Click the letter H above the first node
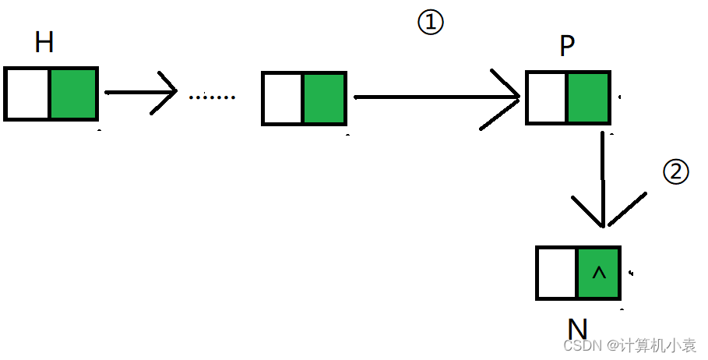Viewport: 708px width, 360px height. (x=44, y=42)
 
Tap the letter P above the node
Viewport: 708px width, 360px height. (x=567, y=47)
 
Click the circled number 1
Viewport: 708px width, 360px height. (x=431, y=23)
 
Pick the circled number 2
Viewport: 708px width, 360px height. (x=675, y=172)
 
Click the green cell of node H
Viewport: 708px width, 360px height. (x=73, y=94)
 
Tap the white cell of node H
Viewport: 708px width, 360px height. (x=27, y=94)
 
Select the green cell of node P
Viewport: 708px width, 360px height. (x=588, y=98)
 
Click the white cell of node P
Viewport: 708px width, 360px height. (x=547, y=98)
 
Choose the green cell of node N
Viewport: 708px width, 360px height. (x=598, y=274)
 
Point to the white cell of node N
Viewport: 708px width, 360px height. (x=557, y=274)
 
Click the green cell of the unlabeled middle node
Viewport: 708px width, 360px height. (x=324, y=98)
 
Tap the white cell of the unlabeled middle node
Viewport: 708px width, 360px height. (x=282, y=98)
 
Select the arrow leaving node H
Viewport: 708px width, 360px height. (x=140, y=93)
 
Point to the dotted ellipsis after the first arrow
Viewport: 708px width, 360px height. (x=211, y=97)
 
